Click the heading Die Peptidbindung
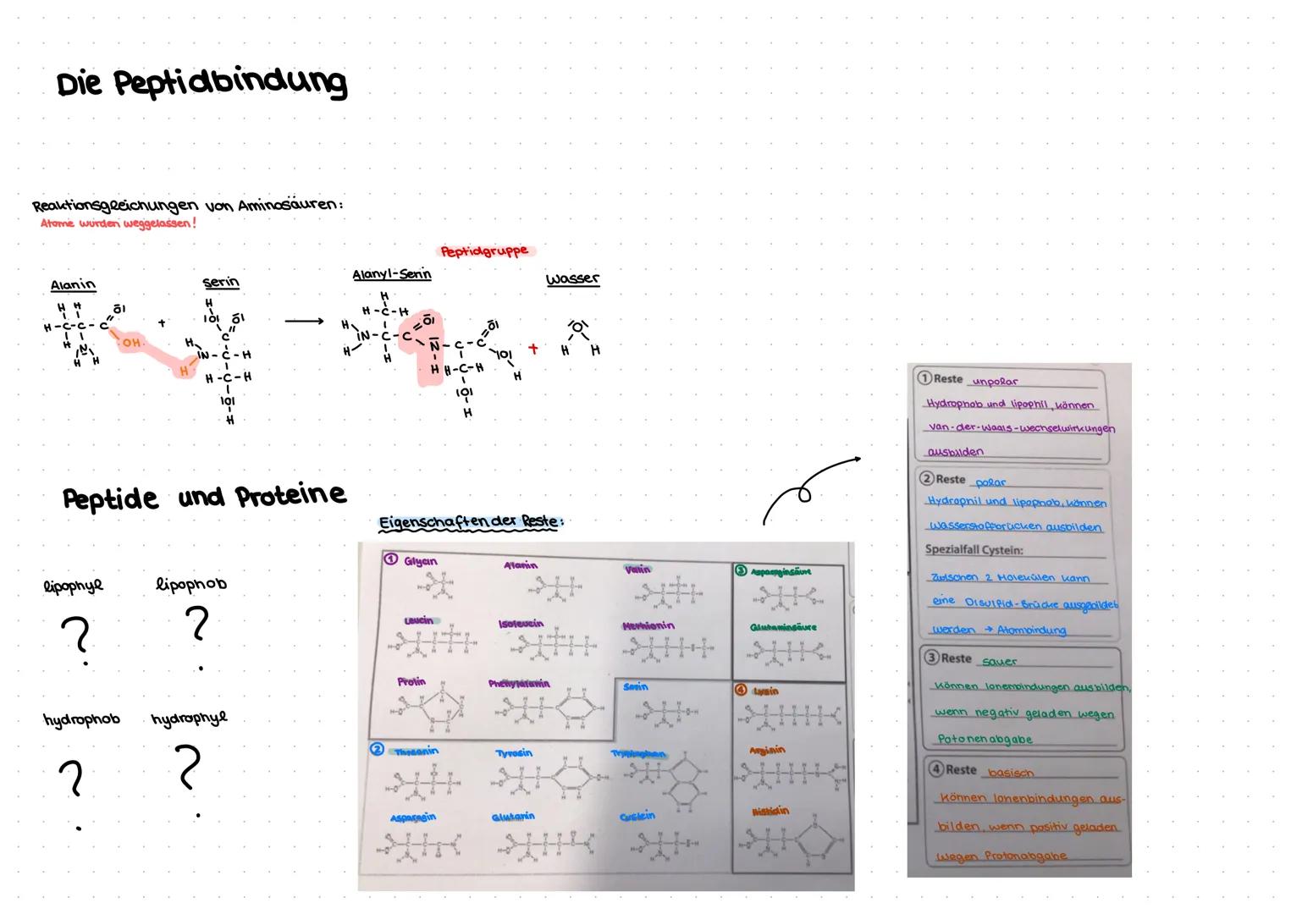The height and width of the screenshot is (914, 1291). (201, 83)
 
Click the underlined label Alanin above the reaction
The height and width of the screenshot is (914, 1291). (73, 285)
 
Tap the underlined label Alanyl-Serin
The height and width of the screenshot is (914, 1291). (391, 275)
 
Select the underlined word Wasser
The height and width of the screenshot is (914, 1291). (572, 278)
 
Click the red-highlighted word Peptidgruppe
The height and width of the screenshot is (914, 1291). (485, 251)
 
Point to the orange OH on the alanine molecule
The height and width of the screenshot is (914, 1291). (130, 343)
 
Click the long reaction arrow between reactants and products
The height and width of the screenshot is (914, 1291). (304, 322)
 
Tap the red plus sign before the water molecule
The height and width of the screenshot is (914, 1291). (533, 348)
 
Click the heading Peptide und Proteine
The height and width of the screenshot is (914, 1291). (204, 497)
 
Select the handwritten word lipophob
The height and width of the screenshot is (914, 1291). (191, 584)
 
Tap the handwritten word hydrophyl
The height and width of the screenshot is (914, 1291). (189, 719)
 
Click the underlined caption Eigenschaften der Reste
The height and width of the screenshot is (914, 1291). (470, 522)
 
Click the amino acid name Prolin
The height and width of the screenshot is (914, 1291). (411, 681)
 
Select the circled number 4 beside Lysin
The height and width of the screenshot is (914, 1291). (742, 691)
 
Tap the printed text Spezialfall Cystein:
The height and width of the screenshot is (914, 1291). (974, 550)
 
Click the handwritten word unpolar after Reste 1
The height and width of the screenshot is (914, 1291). (996, 382)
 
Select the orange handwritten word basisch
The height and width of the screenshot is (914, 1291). (1011, 772)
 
